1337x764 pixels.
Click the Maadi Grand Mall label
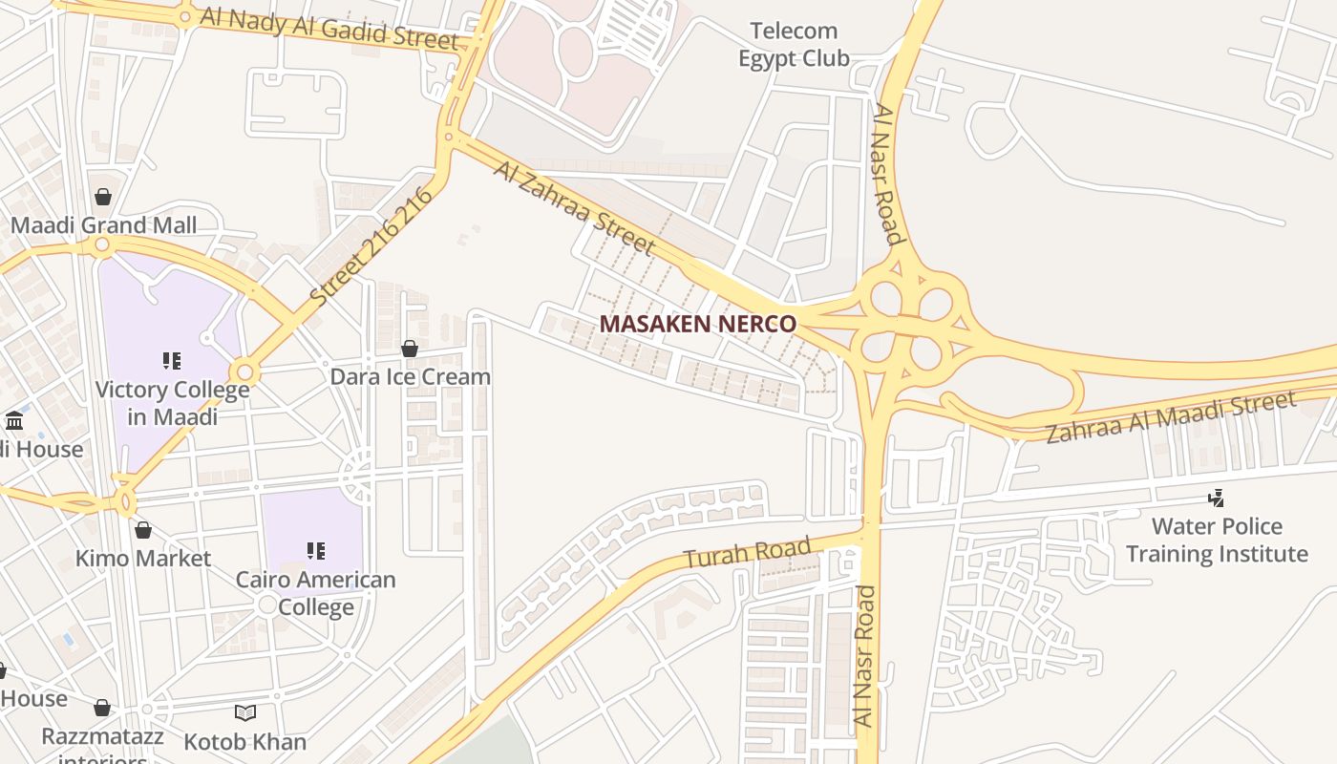(103, 225)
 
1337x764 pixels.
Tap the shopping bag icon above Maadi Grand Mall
(103, 197)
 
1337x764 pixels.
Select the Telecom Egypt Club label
(794, 45)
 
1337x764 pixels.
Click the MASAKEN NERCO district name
(697, 324)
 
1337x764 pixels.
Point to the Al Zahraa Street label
(575, 207)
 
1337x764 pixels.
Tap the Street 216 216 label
(371, 245)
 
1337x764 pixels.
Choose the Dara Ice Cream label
(410, 376)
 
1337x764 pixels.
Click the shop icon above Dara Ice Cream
(410, 349)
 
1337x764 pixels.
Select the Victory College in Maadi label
(172, 403)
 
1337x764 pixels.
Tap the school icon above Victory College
(172, 361)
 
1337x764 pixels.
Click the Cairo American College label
(315, 593)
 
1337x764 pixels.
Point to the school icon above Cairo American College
(315, 551)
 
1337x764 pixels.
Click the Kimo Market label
(143, 558)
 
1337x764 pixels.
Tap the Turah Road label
(748, 553)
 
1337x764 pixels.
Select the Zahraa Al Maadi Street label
(1171, 417)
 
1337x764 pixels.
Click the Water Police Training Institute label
(1217, 540)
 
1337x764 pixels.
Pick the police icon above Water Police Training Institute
(1217, 498)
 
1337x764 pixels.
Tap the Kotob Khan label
(245, 741)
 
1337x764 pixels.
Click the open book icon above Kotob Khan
(245, 712)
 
